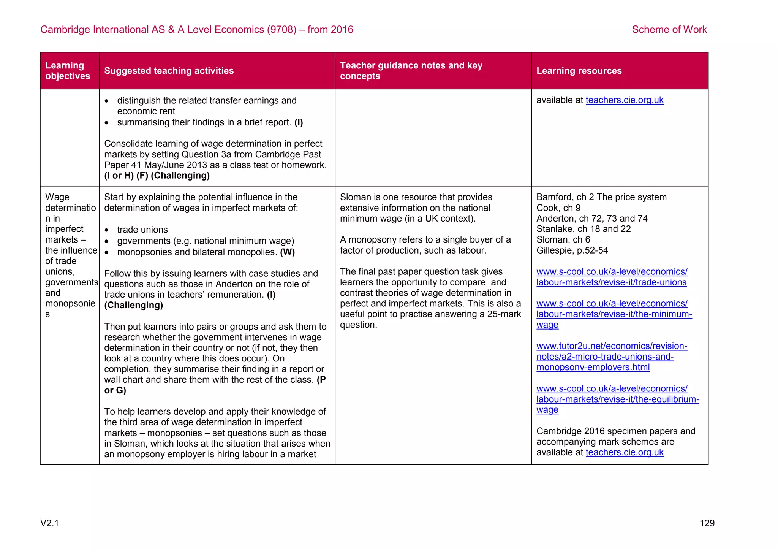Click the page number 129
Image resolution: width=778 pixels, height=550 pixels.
coord(707,523)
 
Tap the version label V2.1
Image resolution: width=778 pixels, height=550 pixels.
coord(50,523)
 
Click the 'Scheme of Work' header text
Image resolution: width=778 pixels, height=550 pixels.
coord(669,29)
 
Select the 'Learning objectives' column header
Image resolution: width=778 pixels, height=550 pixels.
coord(68,71)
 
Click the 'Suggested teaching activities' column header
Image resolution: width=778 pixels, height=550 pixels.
coord(169,71)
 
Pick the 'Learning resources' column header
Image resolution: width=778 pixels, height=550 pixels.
coord(579,71)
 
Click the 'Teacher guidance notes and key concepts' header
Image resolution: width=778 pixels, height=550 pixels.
coord(411,71)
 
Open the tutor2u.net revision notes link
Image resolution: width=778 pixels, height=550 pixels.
coord(611,357)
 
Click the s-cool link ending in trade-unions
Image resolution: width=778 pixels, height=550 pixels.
coord(611,277)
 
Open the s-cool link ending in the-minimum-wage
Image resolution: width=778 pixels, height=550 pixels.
coord(614,314)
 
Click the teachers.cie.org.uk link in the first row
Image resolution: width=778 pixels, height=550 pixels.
coord(624,100)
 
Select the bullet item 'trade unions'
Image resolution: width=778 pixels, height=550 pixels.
coord(142,230)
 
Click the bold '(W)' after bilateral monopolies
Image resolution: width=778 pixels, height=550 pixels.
coord(287,252)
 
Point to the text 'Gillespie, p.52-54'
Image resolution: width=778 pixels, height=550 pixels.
coord(572,250)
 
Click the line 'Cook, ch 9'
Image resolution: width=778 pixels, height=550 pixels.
coord(558,208)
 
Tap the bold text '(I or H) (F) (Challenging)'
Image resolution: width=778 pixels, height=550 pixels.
coord(157,176)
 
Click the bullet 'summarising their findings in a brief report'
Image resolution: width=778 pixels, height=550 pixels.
coord(204,122)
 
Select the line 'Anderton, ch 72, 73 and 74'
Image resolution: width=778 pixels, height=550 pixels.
coord(591,218)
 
